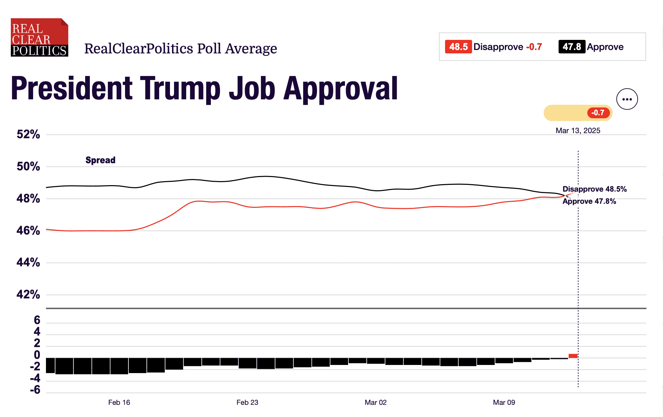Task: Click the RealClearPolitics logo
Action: [39, 38]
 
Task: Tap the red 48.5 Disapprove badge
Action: [458, 47]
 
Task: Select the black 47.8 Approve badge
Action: [571, 47]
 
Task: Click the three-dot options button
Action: [627, 99]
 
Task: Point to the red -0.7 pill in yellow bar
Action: [598, 113]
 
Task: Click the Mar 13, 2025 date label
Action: [578, 131]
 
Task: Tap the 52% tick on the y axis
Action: [28, 134]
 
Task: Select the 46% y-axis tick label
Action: [28, 231]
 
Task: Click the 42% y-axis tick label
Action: [28, 295]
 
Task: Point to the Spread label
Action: [100, 160]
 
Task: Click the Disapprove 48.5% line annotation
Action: [594, 189]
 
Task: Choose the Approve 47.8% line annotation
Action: [589, 201]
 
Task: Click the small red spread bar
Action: [573, 356]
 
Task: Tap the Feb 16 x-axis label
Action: [119, 402]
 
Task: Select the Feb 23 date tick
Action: [247, 402]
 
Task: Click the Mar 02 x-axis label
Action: [375, 402]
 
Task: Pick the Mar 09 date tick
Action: [504, 402]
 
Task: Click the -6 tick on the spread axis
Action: [35, 390]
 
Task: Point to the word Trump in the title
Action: [180, 89]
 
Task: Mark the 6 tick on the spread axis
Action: [37, 320]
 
